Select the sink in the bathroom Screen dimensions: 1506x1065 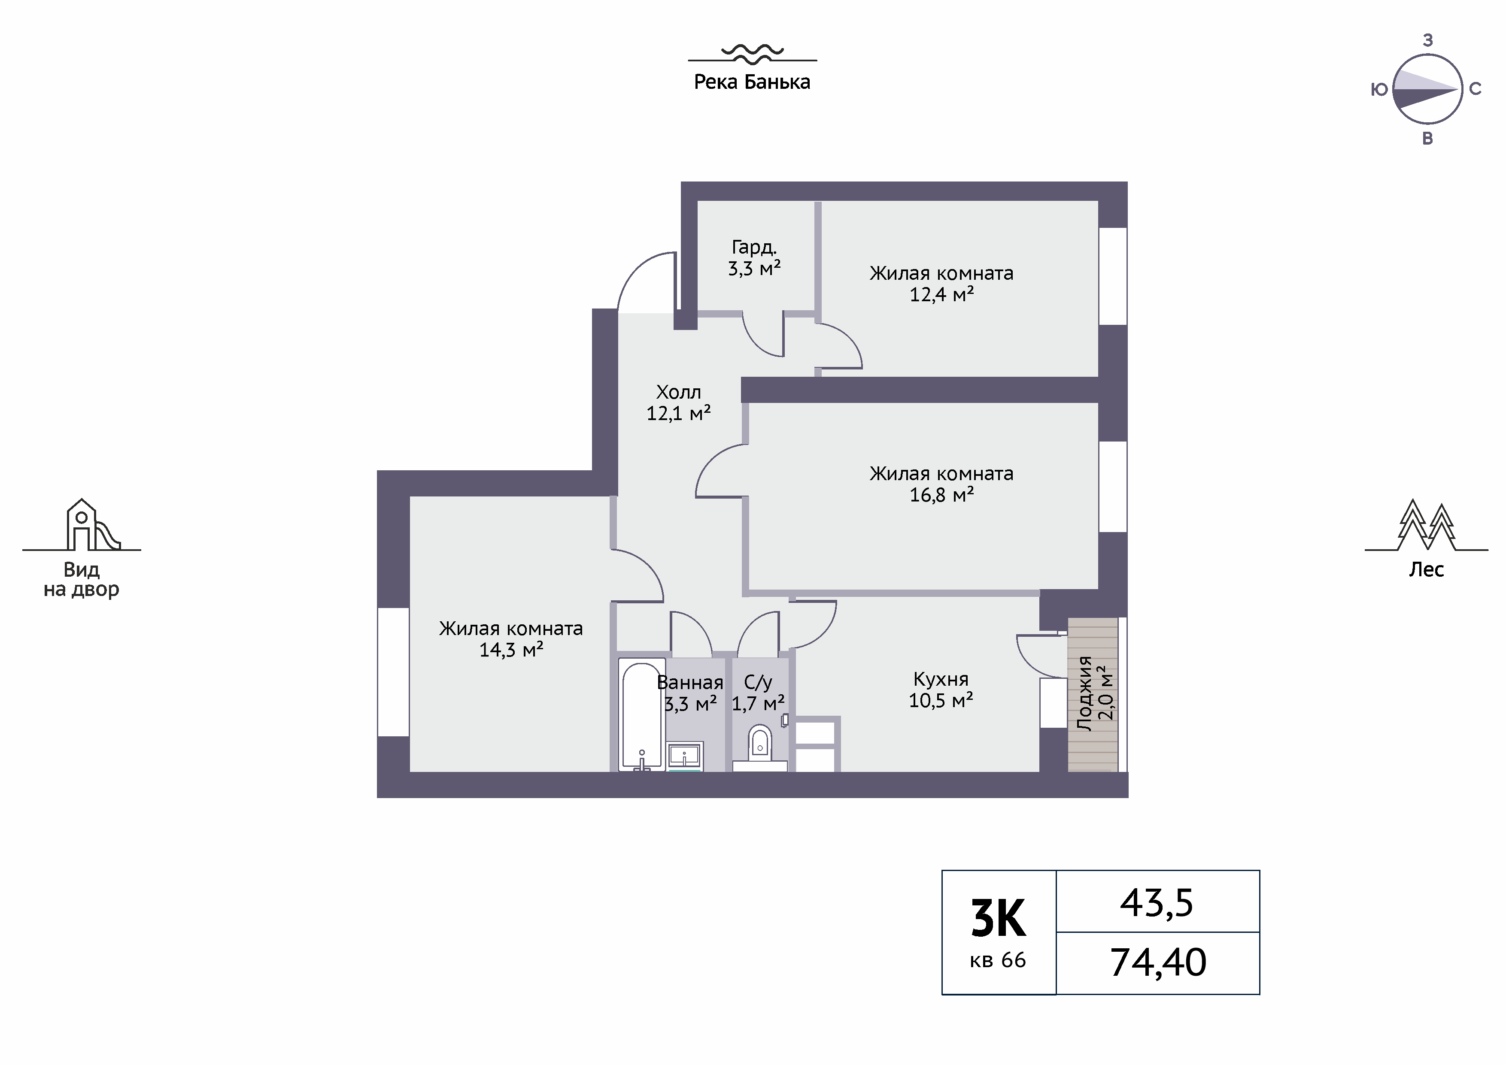[686, 756]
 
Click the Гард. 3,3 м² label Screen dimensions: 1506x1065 [754, 258]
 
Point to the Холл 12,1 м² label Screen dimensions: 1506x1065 [679, 402]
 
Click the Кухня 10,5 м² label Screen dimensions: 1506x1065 [941, 689]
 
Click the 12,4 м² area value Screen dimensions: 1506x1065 [941, 294]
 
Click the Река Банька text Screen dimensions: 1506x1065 [752, 82]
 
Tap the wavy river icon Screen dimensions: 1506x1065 [752, 53]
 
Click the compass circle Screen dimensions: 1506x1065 [1427, 89]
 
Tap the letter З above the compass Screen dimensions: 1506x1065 [1428, 41]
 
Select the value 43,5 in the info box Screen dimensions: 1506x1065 [1157, 903]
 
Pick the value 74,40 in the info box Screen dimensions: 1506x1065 [1158, 963]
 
